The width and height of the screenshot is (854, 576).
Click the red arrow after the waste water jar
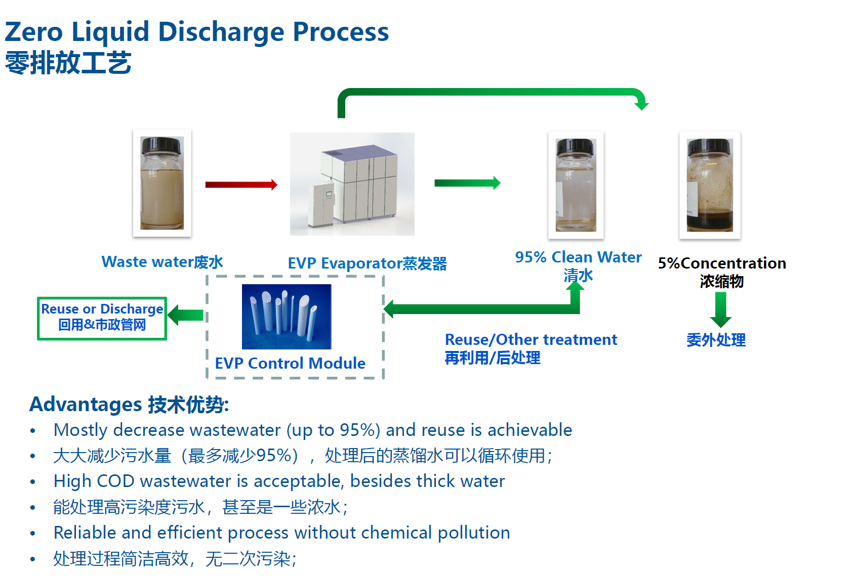pyautogui.click(x=241, y=185)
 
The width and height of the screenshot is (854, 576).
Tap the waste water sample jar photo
pyautogui.click(x=162, y=183)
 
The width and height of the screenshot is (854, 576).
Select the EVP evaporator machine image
pyautogui.click(x=352, y=184)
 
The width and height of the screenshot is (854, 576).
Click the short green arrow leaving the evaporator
pyautogui.click(x=467, y=183)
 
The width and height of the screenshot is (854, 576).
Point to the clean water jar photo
pyautogui.click(x=576, y=185)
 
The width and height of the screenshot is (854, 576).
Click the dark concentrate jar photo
pyautogui.click(x=710, y=185)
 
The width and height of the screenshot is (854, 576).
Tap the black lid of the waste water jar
pyautogui.click(x=161, y=145)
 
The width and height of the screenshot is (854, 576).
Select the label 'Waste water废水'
pyautogui.click(x=162, y=262)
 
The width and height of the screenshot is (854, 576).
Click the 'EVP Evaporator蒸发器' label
pyautogui.click(x=367, y=263)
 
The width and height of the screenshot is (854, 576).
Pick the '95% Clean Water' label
pyautogui.click(x=578, y=257)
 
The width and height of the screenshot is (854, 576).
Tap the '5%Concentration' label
pyautogui.click(x=722, y=263)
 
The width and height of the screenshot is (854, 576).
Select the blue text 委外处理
pyautogui.click(x=716, y=340)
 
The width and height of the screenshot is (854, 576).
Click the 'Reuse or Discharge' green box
pyautogui.click(x=102, y=318)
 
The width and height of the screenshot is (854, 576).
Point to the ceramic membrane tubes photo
pyautogui.click(x=287, y=317)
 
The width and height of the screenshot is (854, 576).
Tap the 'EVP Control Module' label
pyautogui.click(x=290, y=363)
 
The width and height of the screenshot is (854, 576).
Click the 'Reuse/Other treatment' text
pyautogui.click(x=531, y=339)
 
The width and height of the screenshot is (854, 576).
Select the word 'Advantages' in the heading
pyautogui.click(x=86, y=405)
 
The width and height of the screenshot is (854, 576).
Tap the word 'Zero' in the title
pyautogui.click(x=33, y=32)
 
